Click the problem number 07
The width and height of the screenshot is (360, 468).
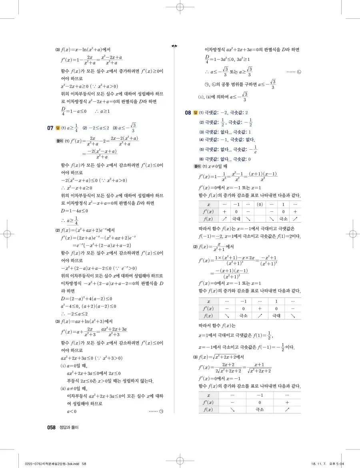(x=50, y=128)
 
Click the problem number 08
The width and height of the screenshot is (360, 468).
(x=188, y=113)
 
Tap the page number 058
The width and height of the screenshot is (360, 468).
(x=51, y=428)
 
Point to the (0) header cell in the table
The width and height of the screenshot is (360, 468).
(x=260, y=204)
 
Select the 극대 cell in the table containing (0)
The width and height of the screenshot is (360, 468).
(x=236, y=219)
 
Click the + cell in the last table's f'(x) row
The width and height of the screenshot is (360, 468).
(x=287, y=402)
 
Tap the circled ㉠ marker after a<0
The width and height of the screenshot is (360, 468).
(x=162, y=411)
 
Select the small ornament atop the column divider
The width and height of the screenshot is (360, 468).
(x=174, y=46)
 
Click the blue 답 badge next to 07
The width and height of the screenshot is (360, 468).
(x=58, y=128)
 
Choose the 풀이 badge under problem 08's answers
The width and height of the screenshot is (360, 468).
(x=196, y=166)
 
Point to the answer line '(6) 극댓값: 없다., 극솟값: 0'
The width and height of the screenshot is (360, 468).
(x=225, y=159)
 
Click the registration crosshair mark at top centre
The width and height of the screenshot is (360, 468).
(x=180, y=8)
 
